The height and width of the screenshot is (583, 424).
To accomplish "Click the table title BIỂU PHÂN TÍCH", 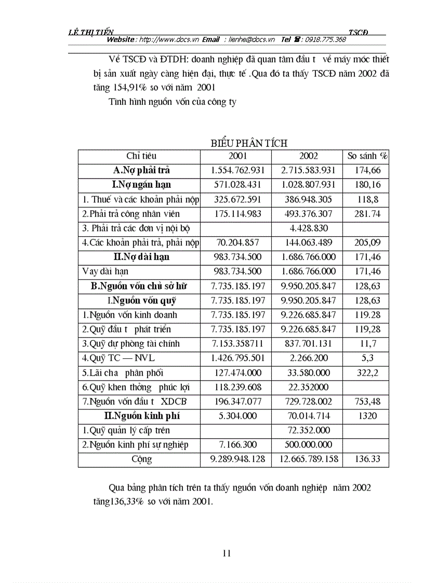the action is (249, 143).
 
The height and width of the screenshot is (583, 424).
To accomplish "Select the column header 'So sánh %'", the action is (368, 156).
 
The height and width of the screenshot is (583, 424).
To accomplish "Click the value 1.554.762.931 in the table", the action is (238, 170).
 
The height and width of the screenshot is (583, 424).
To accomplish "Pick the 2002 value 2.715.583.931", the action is (308, 170).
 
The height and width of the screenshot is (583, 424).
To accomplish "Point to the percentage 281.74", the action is (368, 213).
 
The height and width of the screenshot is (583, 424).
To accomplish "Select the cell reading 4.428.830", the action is (308, 228).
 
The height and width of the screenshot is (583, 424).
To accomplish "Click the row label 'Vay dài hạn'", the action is (105, 271).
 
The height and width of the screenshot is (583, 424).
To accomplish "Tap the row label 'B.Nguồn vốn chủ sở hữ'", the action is (138, 286).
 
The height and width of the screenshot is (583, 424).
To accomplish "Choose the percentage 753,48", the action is (368, 401).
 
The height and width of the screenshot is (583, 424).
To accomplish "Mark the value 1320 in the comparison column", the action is (368, 416).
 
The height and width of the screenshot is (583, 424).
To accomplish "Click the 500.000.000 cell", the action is (308, 445).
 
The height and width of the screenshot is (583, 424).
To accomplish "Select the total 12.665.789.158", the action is (308, 459).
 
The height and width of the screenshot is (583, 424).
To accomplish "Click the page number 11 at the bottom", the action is (227, 553).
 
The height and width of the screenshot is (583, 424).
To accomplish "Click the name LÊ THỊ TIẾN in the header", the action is (91, 32).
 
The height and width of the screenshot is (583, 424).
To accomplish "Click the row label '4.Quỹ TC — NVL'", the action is (118, 358).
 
